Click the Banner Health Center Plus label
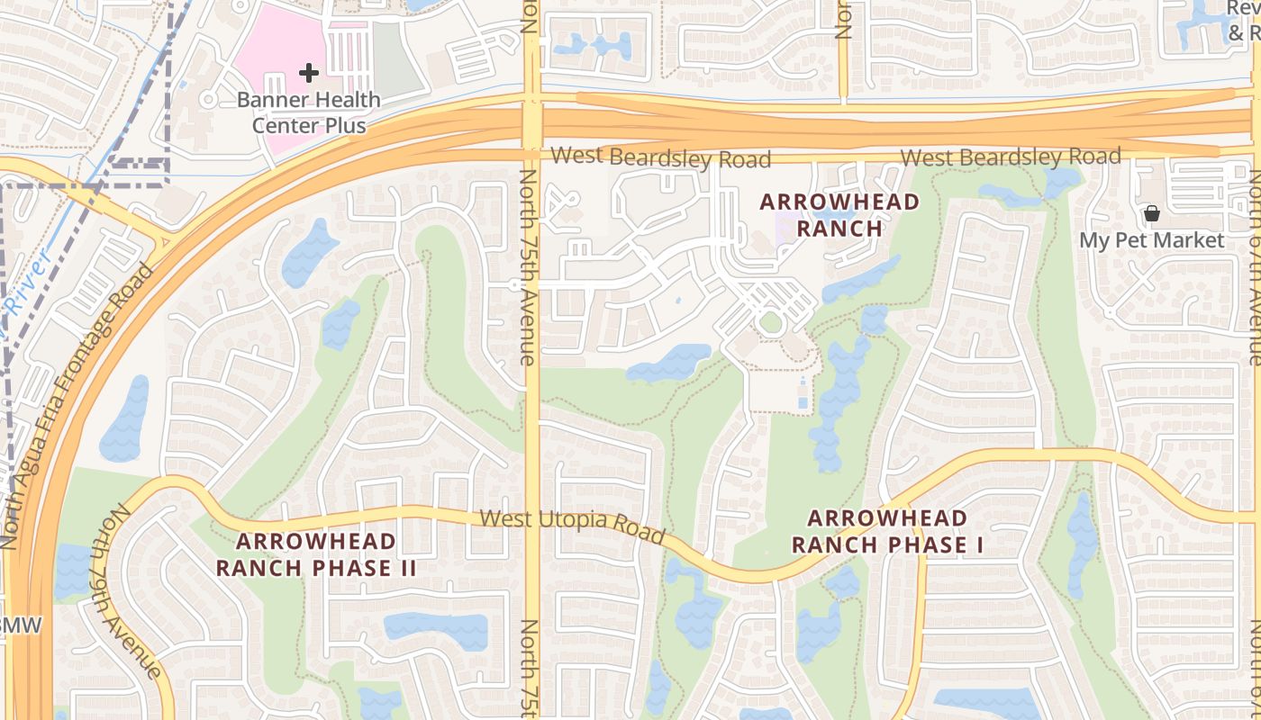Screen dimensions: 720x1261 [309, 112]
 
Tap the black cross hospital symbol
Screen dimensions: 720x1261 [309, 72]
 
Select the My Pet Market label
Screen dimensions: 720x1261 [1152, 240]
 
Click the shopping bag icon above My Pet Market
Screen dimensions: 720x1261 [1151, 214]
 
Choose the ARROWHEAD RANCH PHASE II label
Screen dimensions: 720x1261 [316, 554]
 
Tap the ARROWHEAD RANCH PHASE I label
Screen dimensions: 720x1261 [887, 531]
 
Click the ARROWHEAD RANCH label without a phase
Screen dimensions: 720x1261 [840, 214]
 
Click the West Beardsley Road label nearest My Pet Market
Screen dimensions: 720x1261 [1011, 157]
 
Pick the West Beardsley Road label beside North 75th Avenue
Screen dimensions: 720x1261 [661, 157]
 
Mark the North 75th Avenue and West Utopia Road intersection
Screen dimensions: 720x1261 [532, 513]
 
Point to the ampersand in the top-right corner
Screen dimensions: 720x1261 [1235, 32]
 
